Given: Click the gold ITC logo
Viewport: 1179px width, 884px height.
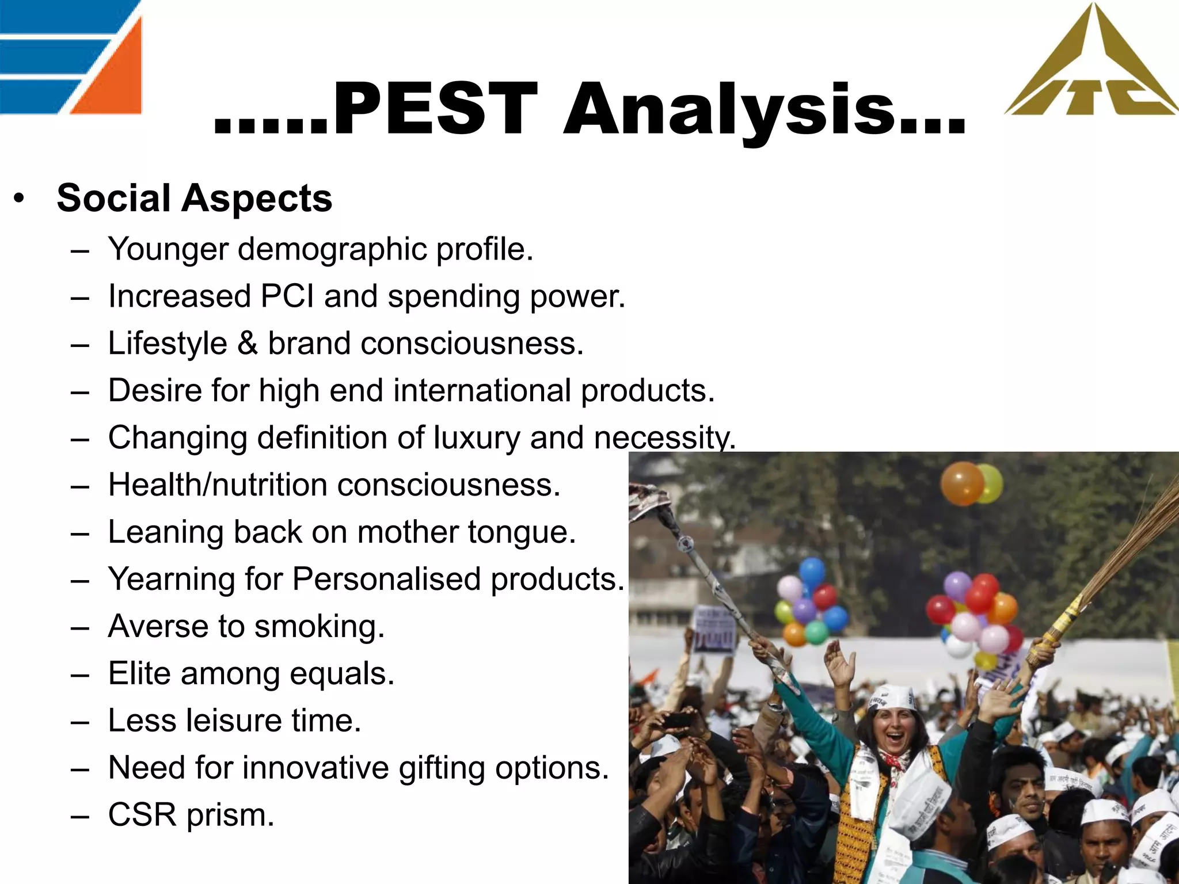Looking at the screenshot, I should [x=1091, y=63].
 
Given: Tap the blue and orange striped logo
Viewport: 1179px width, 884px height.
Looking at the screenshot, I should [x=70, y=58].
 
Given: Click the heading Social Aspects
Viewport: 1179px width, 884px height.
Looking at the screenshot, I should [x=195, y=198].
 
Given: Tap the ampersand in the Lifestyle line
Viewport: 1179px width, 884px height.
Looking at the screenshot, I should [x=248, y=344].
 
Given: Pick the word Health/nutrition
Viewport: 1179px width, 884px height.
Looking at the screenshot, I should [x=218, y=485].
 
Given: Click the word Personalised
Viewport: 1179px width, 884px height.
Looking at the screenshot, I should [x=386, y=579].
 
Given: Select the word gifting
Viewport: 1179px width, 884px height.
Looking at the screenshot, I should [x=442, y=768].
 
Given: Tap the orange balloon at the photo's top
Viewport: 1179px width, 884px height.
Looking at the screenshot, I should [x=962, y=483].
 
